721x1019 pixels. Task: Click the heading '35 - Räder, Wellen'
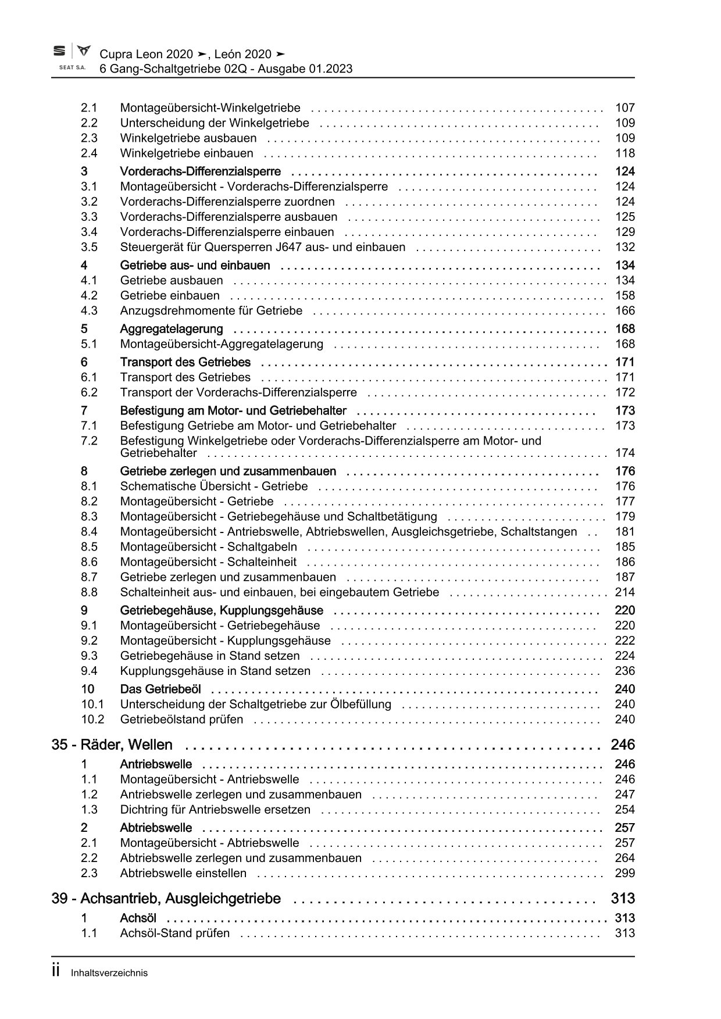tap(112, 745)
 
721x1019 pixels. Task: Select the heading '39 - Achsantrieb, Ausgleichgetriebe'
tap(166, 899)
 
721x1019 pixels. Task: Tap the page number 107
tap(625, 108)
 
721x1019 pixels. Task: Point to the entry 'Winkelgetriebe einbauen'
tap(187, 153)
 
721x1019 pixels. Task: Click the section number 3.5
tap(89, 247)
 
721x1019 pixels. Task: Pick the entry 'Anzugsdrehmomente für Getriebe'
tap(211, 310)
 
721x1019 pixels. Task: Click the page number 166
tap(625, 310)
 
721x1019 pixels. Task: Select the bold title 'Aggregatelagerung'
tap(172, 329)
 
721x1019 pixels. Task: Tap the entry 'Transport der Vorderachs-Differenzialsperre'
tap(238, 392)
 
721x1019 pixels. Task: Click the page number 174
tap(625, 453)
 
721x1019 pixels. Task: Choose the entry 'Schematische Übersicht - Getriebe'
tap(214, 486)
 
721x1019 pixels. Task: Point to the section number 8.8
tap(89, 592)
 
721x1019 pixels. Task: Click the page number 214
tap(625, 592)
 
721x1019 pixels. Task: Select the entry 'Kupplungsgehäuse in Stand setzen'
tap(215, 671)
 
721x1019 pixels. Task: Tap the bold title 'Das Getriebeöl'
tap(160, 689)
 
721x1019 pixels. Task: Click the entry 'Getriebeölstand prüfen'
tap(181, 719)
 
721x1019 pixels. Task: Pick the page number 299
tap(625, 873)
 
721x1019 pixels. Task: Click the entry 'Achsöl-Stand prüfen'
tap(174, 934)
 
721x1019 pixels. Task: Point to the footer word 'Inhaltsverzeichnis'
tap(109, 973)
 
